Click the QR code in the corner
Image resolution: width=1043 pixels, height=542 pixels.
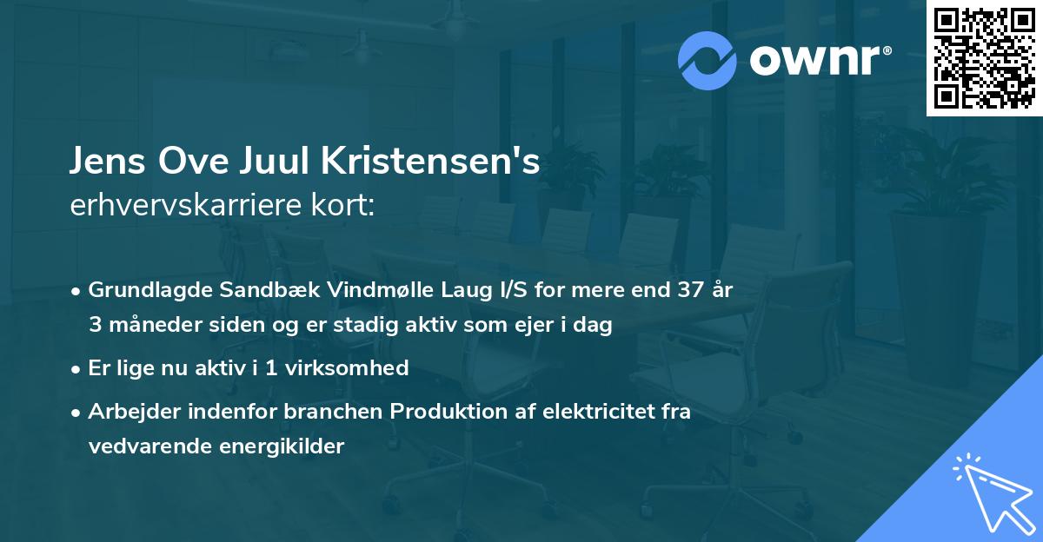(984, 58)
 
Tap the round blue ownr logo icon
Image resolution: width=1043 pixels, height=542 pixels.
(708, 61)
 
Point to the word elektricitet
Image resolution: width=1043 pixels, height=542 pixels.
(588, 412)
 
